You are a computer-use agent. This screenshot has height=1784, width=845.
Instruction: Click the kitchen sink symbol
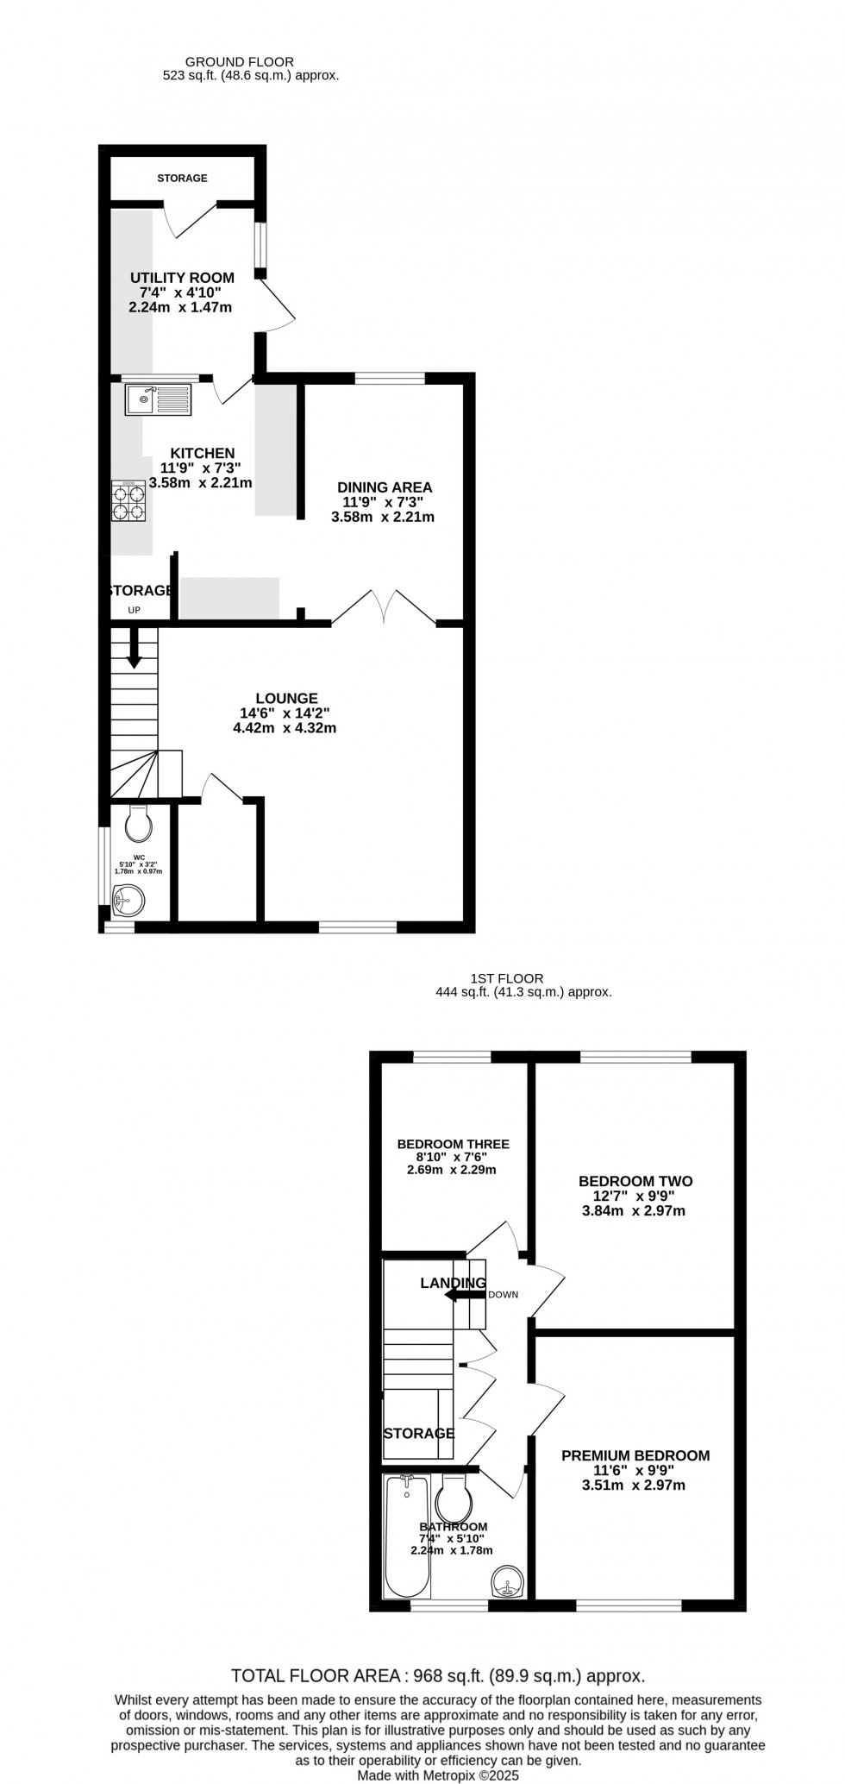pos(159,399)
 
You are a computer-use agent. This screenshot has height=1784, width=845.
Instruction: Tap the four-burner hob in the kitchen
pos(128,502)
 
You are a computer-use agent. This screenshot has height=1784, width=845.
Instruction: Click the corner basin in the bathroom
pos(509,1584)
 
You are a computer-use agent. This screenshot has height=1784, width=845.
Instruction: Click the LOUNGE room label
pos(286,698)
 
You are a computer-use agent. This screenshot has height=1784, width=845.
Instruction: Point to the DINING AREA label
pos(384,487)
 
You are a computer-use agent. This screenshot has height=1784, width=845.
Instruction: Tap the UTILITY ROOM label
pos(182,278)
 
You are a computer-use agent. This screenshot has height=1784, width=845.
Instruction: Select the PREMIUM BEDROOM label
pos(635,1455)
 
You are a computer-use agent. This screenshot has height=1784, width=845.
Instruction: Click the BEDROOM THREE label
pos(453,1144)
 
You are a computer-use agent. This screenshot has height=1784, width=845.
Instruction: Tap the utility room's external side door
pos(279,302)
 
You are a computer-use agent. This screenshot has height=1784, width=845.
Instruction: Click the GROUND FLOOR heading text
pos(240,62)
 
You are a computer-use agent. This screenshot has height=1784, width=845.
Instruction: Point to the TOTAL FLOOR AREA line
pos(438,1676)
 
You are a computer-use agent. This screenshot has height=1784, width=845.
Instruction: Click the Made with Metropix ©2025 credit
pos(438,1775)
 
